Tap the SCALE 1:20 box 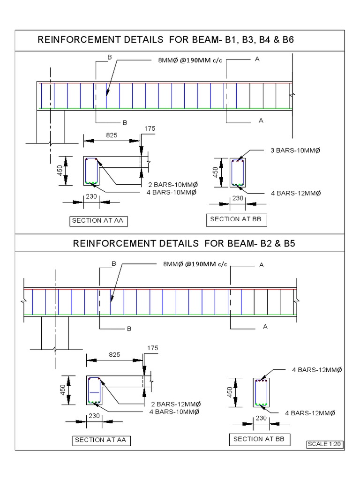point(323,444)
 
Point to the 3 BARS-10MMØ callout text point(298,150)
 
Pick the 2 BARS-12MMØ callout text point(176,405)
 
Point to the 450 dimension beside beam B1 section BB point(216,172)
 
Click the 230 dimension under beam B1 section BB point(238,198)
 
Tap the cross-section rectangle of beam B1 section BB point(238,172)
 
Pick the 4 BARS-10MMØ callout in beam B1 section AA point(172,193)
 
